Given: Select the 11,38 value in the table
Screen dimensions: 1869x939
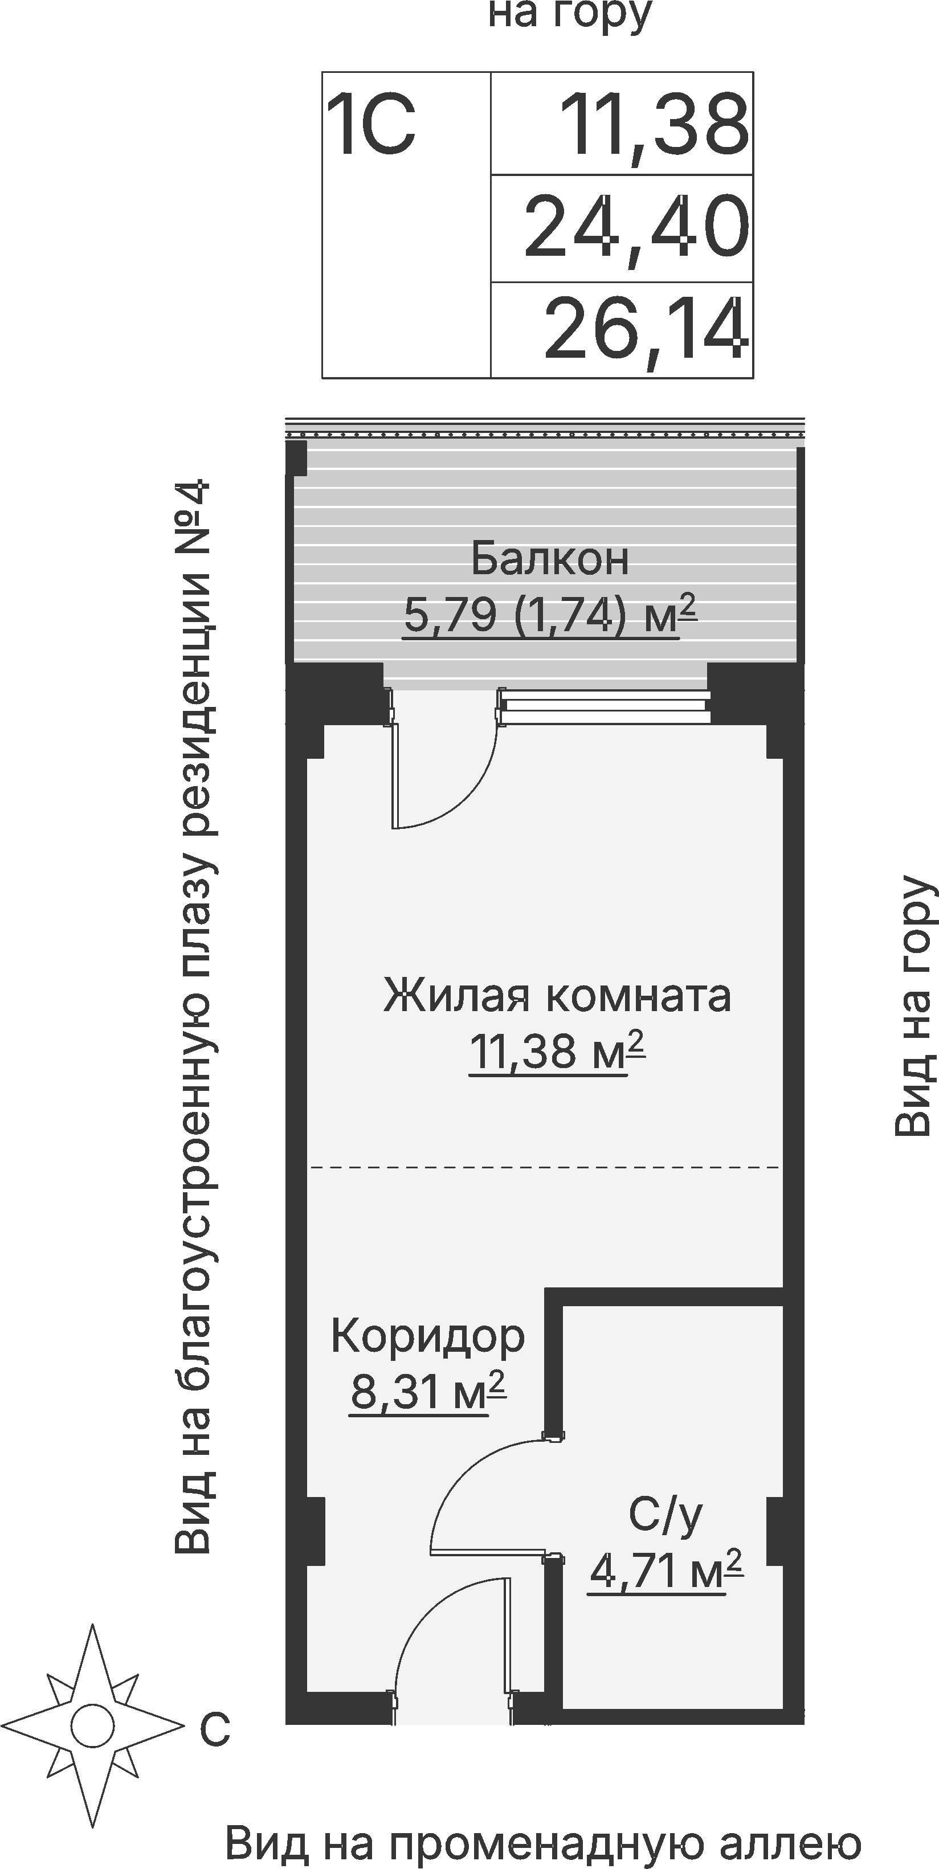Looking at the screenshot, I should [x=653, y=125].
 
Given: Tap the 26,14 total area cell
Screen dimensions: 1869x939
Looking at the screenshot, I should [x=644, y=331].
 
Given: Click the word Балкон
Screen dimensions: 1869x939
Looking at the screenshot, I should [x=549, y=559].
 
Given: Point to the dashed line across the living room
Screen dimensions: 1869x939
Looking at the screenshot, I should [x=544, y=1167].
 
